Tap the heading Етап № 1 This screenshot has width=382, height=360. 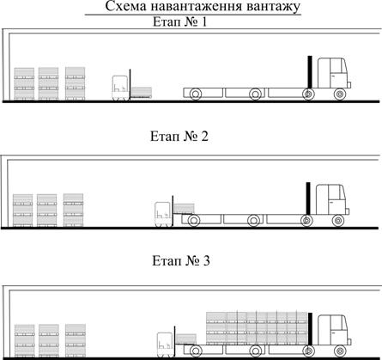click(179, 21)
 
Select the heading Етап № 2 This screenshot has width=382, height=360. click(179, 137)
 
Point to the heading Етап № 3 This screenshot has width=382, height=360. click(181, 261)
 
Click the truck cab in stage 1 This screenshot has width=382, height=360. click(334, 73)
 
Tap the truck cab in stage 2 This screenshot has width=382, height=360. click(332, 199)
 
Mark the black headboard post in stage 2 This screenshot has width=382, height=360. click(308, 198)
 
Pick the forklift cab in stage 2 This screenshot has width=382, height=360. click(163, 214)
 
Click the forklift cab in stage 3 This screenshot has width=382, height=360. click(165, 345)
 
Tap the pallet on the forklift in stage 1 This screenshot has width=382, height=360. click(142, 93)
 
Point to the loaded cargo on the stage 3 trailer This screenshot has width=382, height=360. click(257, 328)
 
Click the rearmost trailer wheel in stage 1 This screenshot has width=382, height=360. click(196, 94)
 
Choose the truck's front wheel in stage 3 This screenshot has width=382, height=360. click(340, 351)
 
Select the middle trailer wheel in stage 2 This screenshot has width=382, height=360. click(253, 221)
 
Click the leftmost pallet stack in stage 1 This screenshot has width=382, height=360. click(24, 84)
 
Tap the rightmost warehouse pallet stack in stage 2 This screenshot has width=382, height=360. click(74, 211)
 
